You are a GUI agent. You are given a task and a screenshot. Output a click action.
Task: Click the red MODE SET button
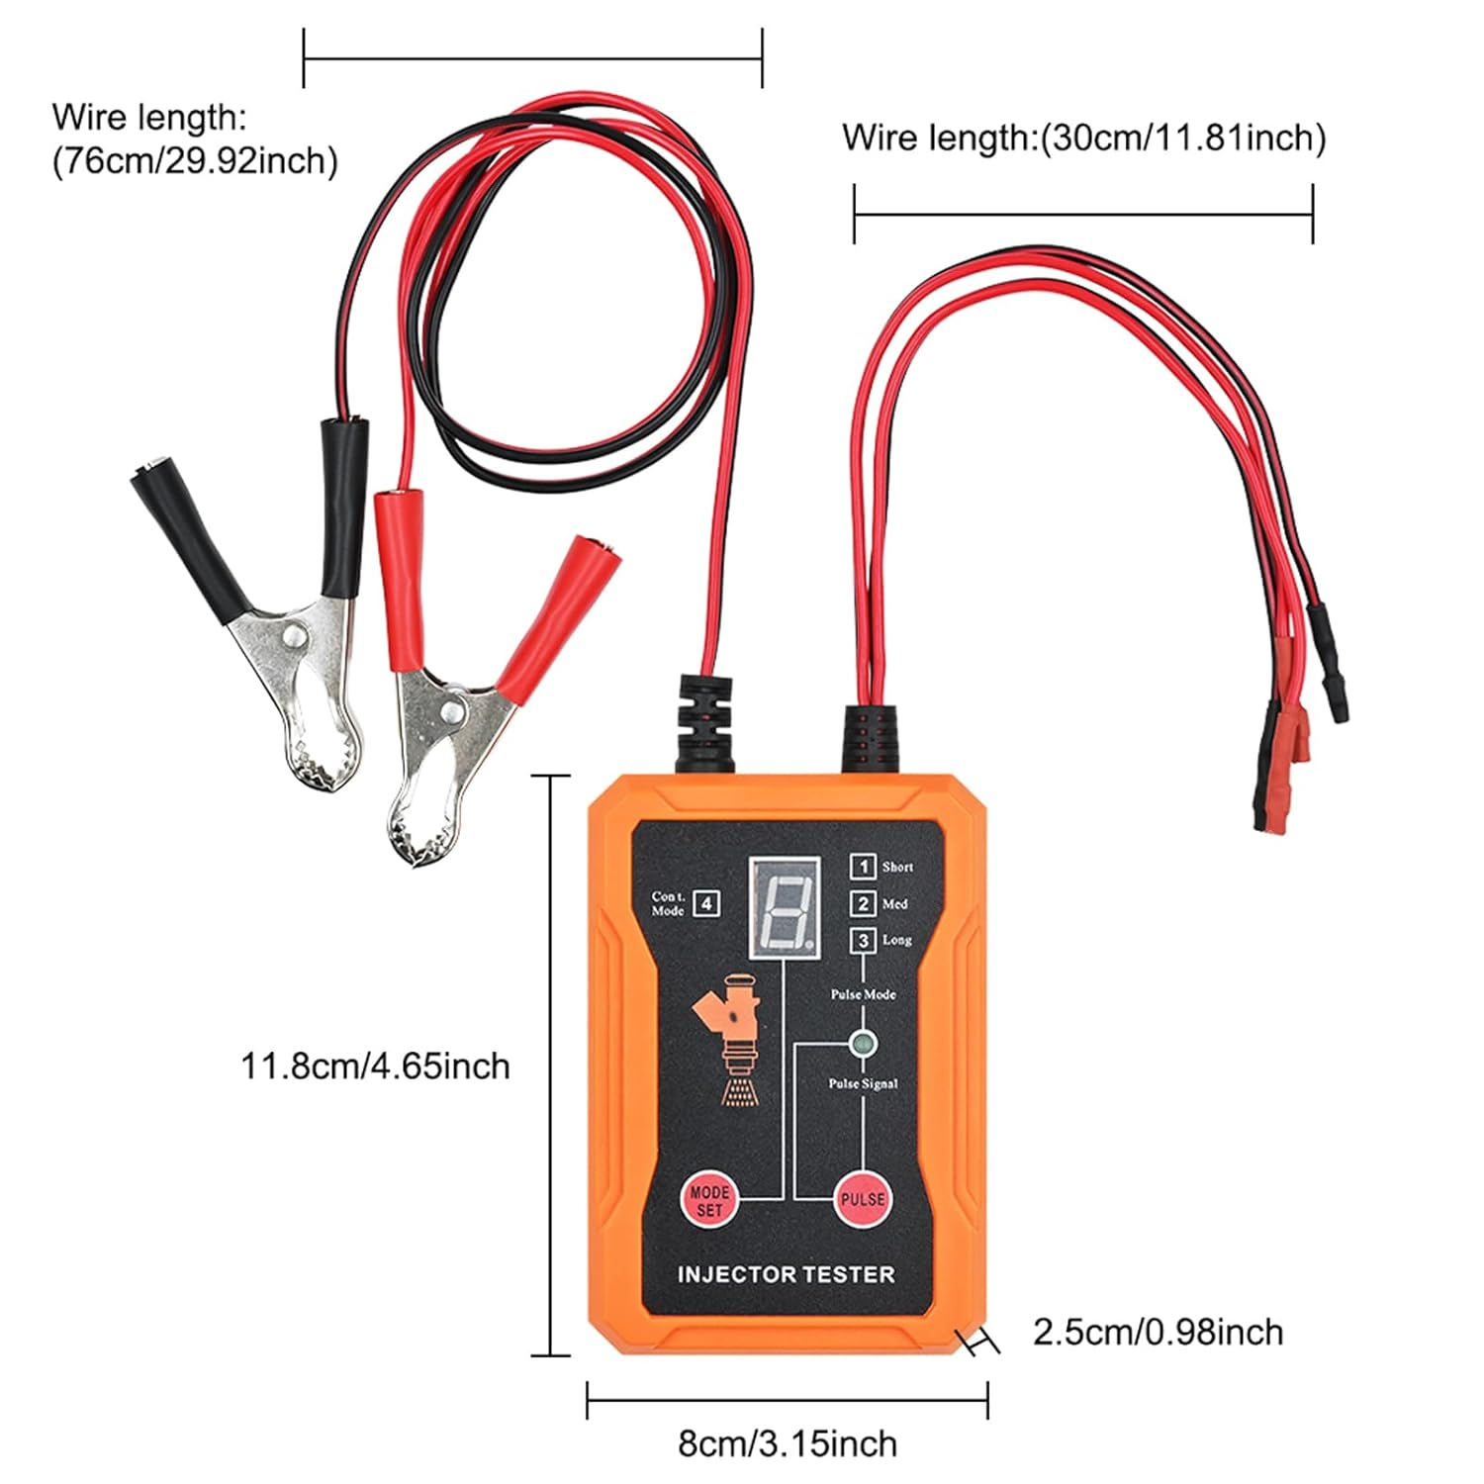coord(709,1200)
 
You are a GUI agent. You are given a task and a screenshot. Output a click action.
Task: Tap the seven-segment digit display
coord(785,904)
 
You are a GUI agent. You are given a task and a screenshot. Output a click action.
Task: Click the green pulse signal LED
coord(863,1043)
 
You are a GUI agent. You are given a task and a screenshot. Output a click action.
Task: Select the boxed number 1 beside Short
coord(863,867)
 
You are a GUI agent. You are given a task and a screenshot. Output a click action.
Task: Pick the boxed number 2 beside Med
coord(863,903)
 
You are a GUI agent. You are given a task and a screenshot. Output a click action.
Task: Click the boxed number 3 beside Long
coord(863,940)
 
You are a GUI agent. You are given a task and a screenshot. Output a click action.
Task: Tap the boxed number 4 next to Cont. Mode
coord(705,903)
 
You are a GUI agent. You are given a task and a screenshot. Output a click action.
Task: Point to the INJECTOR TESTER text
coord(786,1274)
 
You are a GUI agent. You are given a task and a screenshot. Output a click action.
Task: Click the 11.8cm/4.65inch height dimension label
coord(375,1067)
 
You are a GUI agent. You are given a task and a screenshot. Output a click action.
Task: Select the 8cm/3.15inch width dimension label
coord(787,1443)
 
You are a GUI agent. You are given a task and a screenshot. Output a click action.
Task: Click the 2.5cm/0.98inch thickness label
coord(1158,1333)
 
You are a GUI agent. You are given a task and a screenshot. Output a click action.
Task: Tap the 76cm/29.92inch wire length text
coord(195,159)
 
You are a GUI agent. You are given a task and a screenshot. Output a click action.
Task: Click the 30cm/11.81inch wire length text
coord(1083,138)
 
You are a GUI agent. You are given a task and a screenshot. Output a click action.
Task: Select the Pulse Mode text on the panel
coord(863,994)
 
